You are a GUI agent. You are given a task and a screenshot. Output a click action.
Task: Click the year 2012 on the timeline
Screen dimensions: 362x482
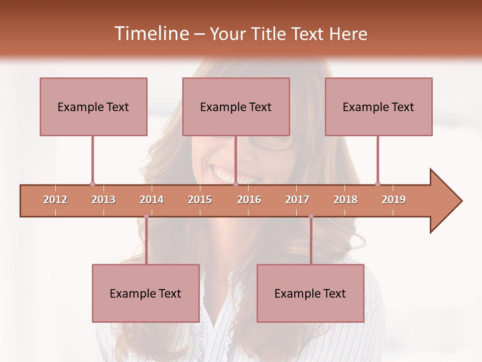coord(55,200)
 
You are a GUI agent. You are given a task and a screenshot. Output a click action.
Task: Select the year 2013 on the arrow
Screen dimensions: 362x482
coord(103,200)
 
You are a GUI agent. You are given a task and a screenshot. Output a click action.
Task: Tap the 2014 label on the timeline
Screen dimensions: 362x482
coord(152,200)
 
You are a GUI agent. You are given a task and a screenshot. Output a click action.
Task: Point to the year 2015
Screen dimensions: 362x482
coord(200,200)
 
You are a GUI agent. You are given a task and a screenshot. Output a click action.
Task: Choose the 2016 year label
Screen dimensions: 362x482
coord(249,200)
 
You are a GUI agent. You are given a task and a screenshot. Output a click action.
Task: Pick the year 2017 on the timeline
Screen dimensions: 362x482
coord(297,200)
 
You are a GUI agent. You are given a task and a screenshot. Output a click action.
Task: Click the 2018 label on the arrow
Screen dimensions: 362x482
coord(345,200)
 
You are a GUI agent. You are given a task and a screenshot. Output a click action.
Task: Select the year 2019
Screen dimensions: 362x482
coord(394,200)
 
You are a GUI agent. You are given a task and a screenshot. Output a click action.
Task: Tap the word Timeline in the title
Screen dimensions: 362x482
coord(150,34)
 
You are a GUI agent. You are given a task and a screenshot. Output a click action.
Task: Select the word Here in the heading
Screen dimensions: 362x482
coord(348,34)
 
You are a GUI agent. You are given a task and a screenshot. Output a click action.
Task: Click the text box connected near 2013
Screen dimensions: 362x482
coord(93,107)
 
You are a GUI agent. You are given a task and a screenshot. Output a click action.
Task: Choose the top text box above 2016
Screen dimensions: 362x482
coord(236,107)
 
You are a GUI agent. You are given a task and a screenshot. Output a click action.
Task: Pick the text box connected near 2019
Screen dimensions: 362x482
coord(379,107)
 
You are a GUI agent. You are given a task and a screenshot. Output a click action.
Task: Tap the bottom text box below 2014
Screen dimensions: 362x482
coord(146,293)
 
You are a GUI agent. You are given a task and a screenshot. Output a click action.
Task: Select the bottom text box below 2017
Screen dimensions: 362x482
coord(310,293)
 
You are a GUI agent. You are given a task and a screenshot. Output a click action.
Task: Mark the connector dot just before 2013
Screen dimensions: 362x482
coord(92,184)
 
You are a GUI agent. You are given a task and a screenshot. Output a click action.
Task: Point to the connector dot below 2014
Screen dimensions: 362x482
coord(146,216)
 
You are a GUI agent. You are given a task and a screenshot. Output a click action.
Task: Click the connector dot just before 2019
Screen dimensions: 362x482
coord(378,184)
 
